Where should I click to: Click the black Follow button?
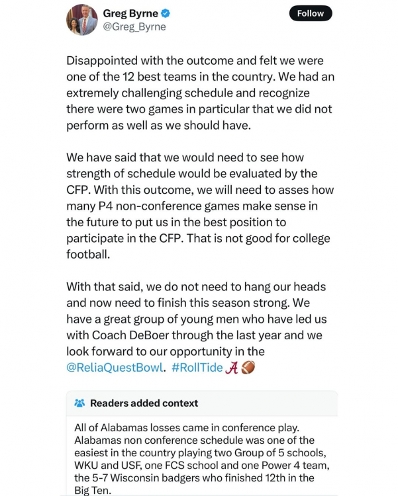[x=311, y=13]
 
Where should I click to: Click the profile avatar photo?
[x=81, y=19]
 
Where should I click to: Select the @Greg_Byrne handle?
[x=134, y=27]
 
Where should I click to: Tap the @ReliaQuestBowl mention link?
[x=115, y=368]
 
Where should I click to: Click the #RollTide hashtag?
[x=197, y=368]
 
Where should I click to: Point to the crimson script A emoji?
[x=232, y=368]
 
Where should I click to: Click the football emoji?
[x=248, y=367]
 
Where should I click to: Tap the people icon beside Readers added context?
[x=79, y=403]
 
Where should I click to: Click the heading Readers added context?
[x=144, y=403]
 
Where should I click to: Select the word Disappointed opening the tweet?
[x=108, y=60]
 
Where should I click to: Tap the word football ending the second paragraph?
[x=88, y=255]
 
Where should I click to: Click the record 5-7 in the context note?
[x=104, y=477]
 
